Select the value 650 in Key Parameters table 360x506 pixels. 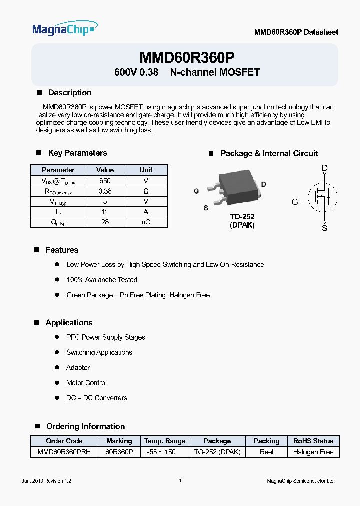[105, 181]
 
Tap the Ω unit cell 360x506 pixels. [146, 191]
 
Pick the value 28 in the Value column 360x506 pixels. [105, 222]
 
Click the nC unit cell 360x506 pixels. [146, 222]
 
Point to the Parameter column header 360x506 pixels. [58, 170]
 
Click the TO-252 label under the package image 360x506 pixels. [242, 217]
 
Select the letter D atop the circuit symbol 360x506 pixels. [325, 168]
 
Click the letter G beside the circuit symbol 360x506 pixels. [295, 202]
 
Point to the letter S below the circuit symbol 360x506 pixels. [325, 228]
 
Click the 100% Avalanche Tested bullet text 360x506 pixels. [102, 280]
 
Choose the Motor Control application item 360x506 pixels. [86, 383]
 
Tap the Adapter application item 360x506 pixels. [78, 367]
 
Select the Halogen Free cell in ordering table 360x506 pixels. [313, 452]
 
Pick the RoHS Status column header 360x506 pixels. [313, 441]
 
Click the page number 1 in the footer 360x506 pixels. [180, 481]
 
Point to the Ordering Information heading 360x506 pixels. [85, 426]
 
